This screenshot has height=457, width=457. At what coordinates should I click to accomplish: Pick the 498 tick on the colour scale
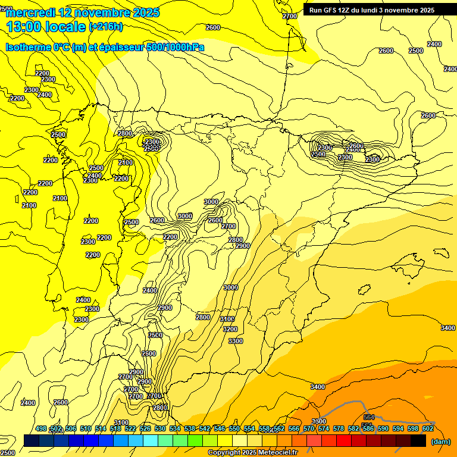[x=41, y=428]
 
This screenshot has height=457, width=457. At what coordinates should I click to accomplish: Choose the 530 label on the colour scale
[x=160, y=428]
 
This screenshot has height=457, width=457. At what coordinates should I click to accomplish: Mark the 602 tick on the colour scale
[x=427, y=428]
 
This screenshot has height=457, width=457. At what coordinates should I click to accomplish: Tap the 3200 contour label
[x=230, y=329]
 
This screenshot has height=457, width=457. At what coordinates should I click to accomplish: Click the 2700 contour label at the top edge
[x=289, y=16]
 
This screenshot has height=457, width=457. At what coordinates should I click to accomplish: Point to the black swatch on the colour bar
[x=418, y=441]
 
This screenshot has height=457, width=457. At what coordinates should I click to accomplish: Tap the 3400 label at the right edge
[x=447, y=328]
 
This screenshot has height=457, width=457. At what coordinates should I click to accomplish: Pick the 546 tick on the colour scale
[x=220, y=428]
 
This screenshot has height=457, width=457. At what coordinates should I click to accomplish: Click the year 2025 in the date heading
[x=145, y=12]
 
